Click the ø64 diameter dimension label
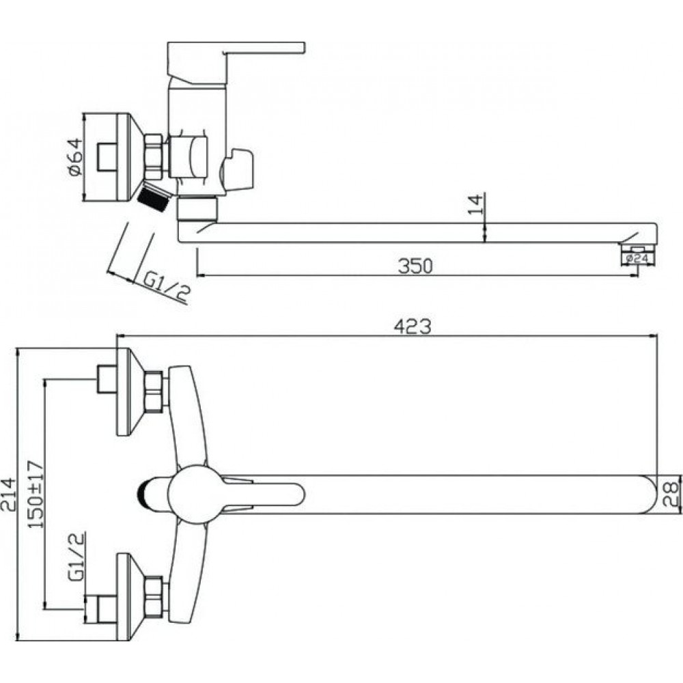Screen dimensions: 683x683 click(74, 157)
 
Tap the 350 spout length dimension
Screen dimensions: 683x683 click(415, 266)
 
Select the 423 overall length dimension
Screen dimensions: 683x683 click(412, 326)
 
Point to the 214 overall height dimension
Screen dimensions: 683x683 click(9, 494)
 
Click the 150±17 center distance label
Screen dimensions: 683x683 click(36, 494)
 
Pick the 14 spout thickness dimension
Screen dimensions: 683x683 click(475, 204)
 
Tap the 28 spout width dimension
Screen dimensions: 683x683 click(671, 494)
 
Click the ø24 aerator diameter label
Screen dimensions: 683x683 click(637, 259)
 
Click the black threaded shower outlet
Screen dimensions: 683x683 click(153, 197)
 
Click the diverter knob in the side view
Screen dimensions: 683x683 click(238, 171)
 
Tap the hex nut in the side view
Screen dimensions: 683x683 click(155, 157)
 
